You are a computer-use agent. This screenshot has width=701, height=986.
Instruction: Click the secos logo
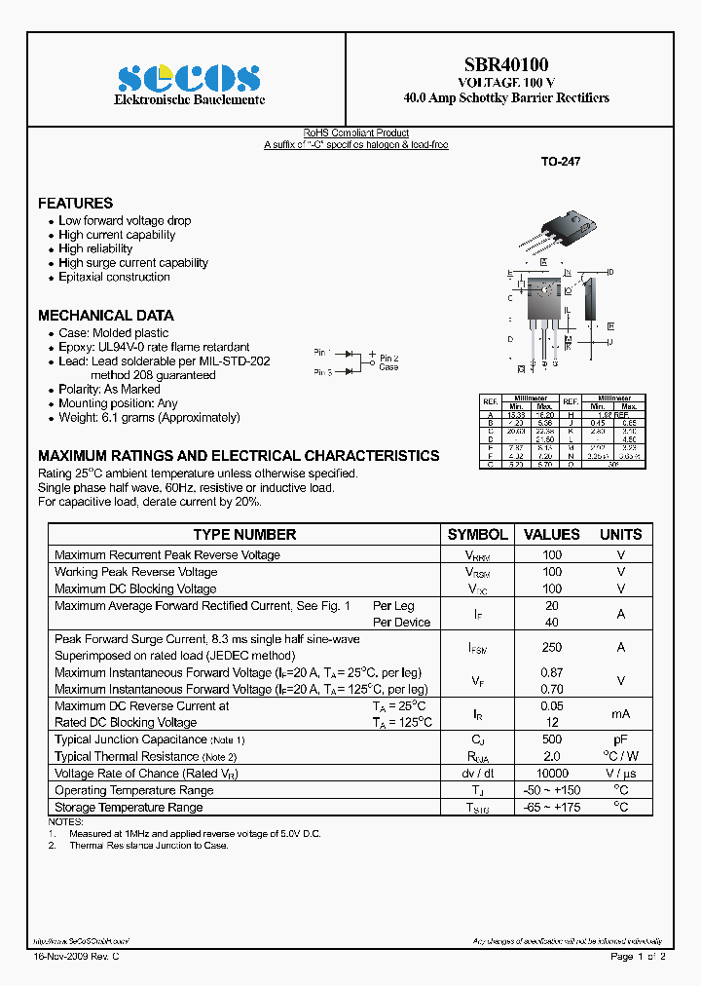[x=189, y=78]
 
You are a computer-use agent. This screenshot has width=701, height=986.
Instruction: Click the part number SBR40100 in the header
[x=506, y=65]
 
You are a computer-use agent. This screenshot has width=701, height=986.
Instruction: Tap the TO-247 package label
[x=561, y=163]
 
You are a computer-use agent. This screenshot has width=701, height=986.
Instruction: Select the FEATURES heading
[x=75, y=203]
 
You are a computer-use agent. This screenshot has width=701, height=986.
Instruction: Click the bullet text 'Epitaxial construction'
[x=114, y=277]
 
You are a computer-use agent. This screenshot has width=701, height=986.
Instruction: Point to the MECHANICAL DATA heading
[x=105, y=315]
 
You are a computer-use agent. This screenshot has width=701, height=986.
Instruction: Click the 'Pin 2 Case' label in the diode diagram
[x=388, y=362]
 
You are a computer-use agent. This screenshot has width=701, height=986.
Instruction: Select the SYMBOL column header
[x=477, y=534]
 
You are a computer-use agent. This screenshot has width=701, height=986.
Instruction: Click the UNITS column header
[x=620, y=534]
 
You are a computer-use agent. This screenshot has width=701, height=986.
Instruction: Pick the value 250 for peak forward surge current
[x=552, y=647]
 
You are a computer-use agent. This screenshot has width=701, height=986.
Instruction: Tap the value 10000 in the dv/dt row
[x=552, y=774]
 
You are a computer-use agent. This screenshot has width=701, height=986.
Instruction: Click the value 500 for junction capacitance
[x=552, y=740]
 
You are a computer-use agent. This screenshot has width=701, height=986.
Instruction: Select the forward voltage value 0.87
[x=552, y=673]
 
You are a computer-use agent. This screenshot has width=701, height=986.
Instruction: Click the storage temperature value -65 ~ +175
[x=552, y=807]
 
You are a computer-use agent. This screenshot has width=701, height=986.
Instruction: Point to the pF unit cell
[x=620, y=740]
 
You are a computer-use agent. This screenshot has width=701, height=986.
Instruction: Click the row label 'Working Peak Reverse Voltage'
[x=135, y=572]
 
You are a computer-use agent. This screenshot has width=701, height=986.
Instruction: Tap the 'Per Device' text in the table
[x=401, y=623]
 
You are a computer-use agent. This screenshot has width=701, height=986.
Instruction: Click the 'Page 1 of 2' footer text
[x=638, y=957]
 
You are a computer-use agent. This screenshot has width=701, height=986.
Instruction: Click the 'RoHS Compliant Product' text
[x=355, y=133]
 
